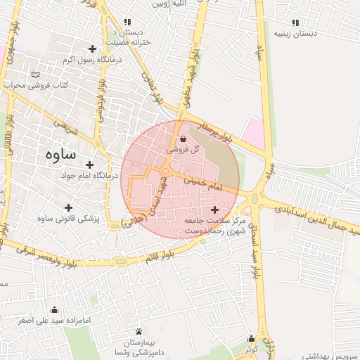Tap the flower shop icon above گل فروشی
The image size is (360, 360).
tap(183, 139)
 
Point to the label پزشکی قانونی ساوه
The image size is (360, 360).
tap(69, 219)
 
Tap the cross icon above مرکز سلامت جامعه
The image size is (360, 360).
tap(214, 210)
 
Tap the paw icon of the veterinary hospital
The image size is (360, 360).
tap(139, 330)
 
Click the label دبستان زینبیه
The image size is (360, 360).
tap(293, 33)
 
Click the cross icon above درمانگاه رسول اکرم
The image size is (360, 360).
tap(91, 49)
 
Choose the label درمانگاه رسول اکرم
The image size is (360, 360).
tap(92, 60)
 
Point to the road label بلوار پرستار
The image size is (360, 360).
tap(214, 131)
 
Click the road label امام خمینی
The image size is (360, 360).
tap(203, 185)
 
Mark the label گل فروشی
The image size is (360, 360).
tap(184, 150)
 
